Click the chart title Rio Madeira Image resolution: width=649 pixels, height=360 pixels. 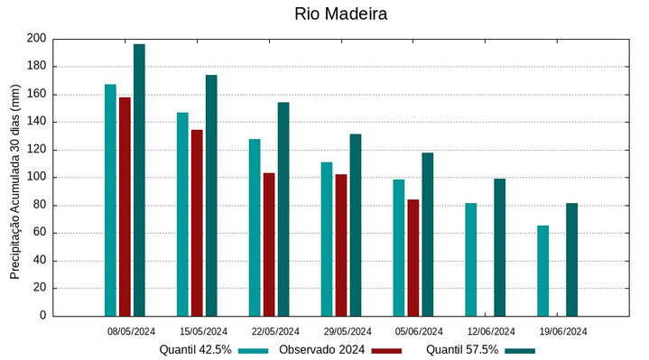340,15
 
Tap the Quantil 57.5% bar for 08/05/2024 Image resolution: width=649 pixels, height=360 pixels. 139,180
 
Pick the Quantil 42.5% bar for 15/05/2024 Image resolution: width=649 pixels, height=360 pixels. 182,214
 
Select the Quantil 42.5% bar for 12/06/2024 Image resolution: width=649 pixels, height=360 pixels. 471,260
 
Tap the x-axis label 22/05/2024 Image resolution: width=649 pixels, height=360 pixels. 275,331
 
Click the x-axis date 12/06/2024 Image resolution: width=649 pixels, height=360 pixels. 491,331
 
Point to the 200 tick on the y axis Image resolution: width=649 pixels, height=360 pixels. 36,39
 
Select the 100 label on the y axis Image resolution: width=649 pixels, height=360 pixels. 36,178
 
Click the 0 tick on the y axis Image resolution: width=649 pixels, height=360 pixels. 42,317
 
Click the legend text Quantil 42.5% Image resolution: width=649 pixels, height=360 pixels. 195,350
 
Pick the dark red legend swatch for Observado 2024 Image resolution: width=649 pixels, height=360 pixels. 386,350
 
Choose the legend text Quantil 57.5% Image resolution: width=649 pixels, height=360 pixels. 461,350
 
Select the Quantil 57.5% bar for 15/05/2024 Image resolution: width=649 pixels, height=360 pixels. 211,195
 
